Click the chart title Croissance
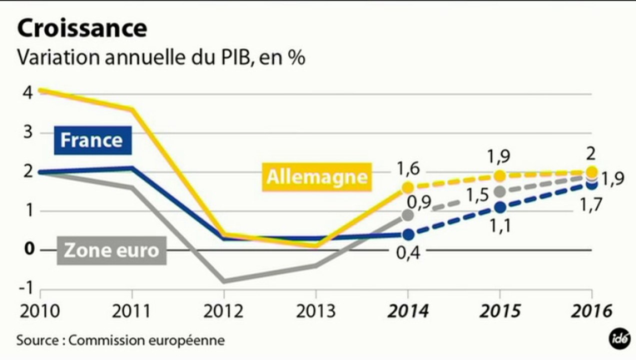82,29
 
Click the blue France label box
92,140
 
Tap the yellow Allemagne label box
317,177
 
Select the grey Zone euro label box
111,250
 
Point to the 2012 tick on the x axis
223,311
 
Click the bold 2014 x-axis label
407,311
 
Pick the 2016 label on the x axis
592,311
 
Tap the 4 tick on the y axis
27,93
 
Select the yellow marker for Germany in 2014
407,187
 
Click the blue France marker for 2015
500,207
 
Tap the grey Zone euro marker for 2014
407,215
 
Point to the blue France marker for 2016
592,184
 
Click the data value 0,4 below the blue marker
408,253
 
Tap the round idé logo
618,339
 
